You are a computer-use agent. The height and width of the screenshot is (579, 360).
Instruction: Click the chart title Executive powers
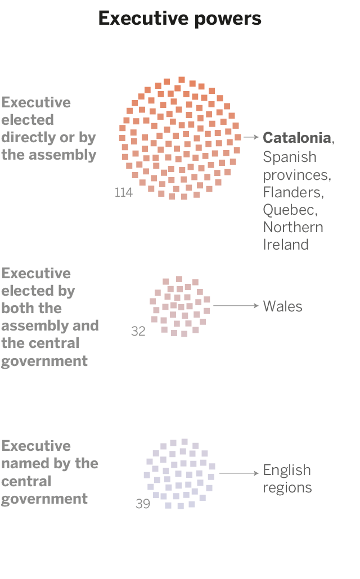180,19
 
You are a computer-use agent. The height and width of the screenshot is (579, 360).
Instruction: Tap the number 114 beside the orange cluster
123,193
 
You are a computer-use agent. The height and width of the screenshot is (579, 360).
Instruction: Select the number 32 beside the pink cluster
138,331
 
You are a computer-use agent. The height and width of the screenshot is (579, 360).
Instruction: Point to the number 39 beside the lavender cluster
143,504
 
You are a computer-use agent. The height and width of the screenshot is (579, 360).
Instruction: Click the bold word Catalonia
297,138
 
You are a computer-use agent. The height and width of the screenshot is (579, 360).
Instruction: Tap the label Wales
283,306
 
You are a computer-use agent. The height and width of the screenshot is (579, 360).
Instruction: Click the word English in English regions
287,470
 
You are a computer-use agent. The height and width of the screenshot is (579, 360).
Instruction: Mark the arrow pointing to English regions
238,473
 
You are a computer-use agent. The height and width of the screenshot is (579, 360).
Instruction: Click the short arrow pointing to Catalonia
251,137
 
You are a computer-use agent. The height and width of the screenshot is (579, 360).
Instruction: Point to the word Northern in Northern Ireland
293,227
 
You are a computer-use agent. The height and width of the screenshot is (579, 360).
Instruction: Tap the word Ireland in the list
286,245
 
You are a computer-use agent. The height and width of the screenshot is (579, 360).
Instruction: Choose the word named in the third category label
25,463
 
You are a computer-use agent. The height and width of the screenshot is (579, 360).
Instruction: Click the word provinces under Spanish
296,174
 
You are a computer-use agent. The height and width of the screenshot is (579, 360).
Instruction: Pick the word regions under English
287,487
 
